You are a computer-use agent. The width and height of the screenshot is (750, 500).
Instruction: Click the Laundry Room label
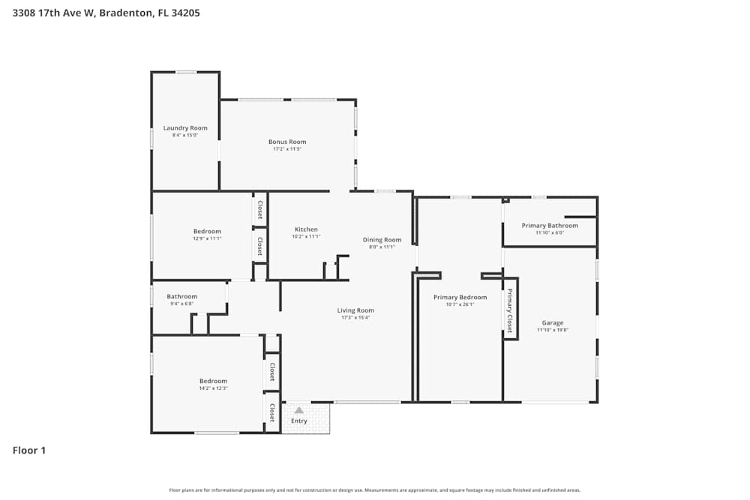click(x=185, y=128)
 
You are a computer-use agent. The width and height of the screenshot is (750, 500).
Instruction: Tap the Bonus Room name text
click(x=287, y=142)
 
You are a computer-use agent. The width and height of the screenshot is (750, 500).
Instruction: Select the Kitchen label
click(x=306, y=229)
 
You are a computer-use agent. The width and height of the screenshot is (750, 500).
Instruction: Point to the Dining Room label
click(x=382, y=240)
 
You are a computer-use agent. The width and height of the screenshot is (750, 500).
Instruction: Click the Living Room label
click(x=355, y=310)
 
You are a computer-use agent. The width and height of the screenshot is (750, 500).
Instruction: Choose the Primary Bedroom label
click(x=460, y=298)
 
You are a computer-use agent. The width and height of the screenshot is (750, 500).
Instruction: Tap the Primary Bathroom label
click(x=550, y=226)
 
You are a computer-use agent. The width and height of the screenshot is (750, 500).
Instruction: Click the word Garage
click(x=553, y=323)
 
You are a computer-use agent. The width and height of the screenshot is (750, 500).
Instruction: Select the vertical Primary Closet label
click(x=510, y=310)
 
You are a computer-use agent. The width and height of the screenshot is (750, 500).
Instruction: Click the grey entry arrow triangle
click(x=299, y=410)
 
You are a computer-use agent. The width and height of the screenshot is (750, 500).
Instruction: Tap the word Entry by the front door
click(x=299, y=421)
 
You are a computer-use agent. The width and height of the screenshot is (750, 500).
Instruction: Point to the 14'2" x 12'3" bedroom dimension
click(x=213, y=388)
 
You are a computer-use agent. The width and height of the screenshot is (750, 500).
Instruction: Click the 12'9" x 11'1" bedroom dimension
click(x=207, y=238)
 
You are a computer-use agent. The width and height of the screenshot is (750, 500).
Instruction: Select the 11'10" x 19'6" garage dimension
click(x=553, y=330)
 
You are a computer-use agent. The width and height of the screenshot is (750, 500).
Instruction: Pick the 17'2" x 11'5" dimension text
click(x=287, y=149)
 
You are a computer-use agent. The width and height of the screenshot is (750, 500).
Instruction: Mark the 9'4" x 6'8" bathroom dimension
click(x=181, y=304)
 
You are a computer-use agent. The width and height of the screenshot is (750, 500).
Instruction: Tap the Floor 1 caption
click(x=29, y=451)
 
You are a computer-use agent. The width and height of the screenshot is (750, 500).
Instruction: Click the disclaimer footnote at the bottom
click(x=375, y=490)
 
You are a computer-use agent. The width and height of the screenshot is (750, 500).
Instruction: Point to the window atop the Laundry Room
click(x=186, y=72)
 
